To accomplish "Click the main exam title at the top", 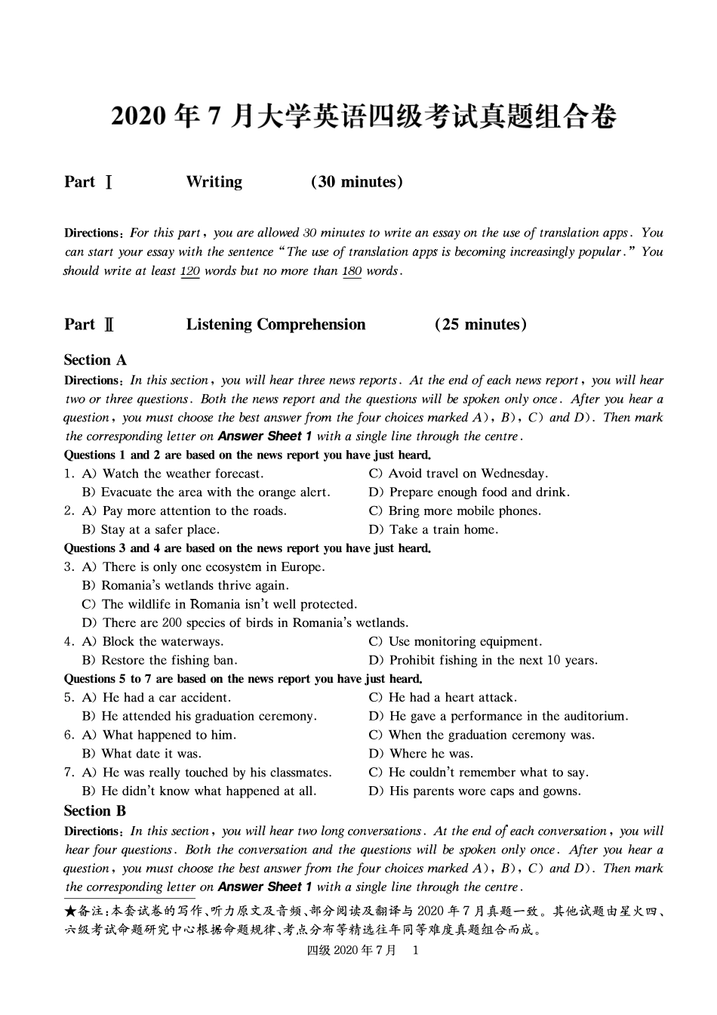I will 364,116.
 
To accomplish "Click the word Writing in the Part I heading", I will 214,182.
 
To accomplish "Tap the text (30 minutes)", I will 356,182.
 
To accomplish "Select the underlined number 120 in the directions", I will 189,271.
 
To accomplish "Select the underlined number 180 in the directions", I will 352,271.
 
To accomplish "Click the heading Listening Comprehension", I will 275,325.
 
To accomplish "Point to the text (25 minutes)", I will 481,325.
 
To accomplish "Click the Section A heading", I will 95,360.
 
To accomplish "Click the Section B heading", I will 95,811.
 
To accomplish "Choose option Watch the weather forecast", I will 183,474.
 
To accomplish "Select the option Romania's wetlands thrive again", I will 195,586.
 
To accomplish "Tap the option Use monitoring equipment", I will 465,642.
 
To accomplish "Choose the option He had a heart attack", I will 452,698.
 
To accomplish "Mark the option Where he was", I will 431,754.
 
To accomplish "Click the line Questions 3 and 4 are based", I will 248,549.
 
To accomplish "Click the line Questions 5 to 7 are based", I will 243,679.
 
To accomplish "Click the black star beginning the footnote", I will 69,912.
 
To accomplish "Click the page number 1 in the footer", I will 415,951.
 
